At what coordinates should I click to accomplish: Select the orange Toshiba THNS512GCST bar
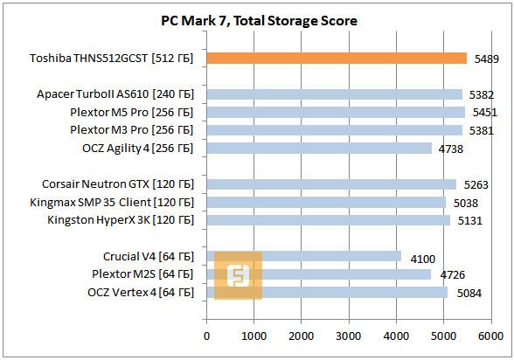pyautogui.click(x=337, y=59)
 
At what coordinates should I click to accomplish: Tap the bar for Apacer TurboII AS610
pyautogui.click(x=334, y=94)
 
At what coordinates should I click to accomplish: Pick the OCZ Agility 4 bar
pyautogui.click(x=319, y=149)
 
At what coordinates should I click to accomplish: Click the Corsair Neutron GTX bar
pyautogui.click(x=331, y=184)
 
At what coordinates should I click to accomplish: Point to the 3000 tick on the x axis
pyautogui.click(x=349, y=335)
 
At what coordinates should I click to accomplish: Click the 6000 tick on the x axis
pyautogui.click(x=491, y=335)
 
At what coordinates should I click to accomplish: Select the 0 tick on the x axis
pyautogui.click(x=206, y=335)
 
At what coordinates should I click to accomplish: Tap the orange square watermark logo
pyautogui.click(x=238, y=275)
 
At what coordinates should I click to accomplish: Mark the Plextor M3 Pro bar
pyautogui.click(x=334, y=130)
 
